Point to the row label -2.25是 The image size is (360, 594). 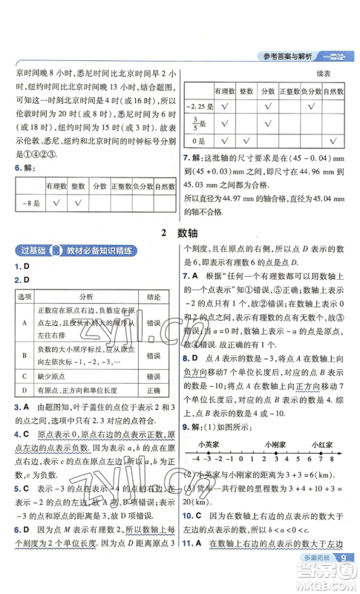(x=197, y=106)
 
